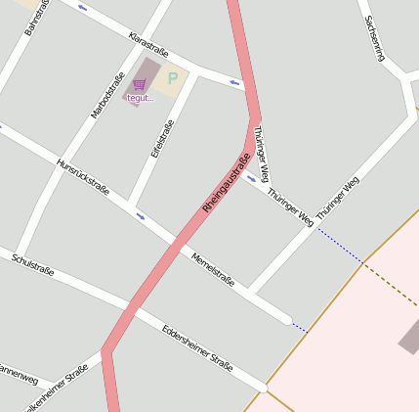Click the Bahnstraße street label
tap(36, 18)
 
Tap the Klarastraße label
tap(149, 44)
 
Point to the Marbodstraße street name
tap(107, 95)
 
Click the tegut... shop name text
tap(141, 98)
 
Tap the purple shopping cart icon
tap(140, 84)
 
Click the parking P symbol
tap(173, 78)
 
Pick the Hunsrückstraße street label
tap(82, 176)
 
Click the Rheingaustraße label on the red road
tap(226, 183)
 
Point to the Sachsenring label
tap(373, 38)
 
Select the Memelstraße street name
tap(213, 267)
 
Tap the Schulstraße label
tap(32, 263)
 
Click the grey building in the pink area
tap(410, 339)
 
